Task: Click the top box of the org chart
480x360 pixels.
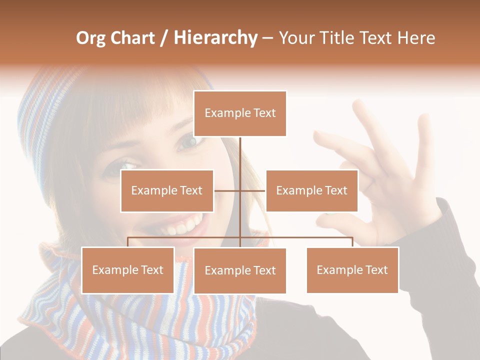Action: coord(240,113)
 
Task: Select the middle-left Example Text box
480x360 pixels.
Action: coord(167,190)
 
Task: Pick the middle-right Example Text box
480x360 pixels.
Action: coord(311,190)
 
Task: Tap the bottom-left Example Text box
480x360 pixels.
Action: coord(127,270)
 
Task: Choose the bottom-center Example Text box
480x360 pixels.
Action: coord(240,270)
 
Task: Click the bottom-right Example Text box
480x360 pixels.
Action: coord(352,270)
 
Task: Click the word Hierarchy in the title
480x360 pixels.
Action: coord(215,37)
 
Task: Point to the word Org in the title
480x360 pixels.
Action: coord(90,38)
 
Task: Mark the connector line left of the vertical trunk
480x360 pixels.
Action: coord(227,190)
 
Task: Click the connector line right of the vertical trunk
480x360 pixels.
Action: coord(253,190)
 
